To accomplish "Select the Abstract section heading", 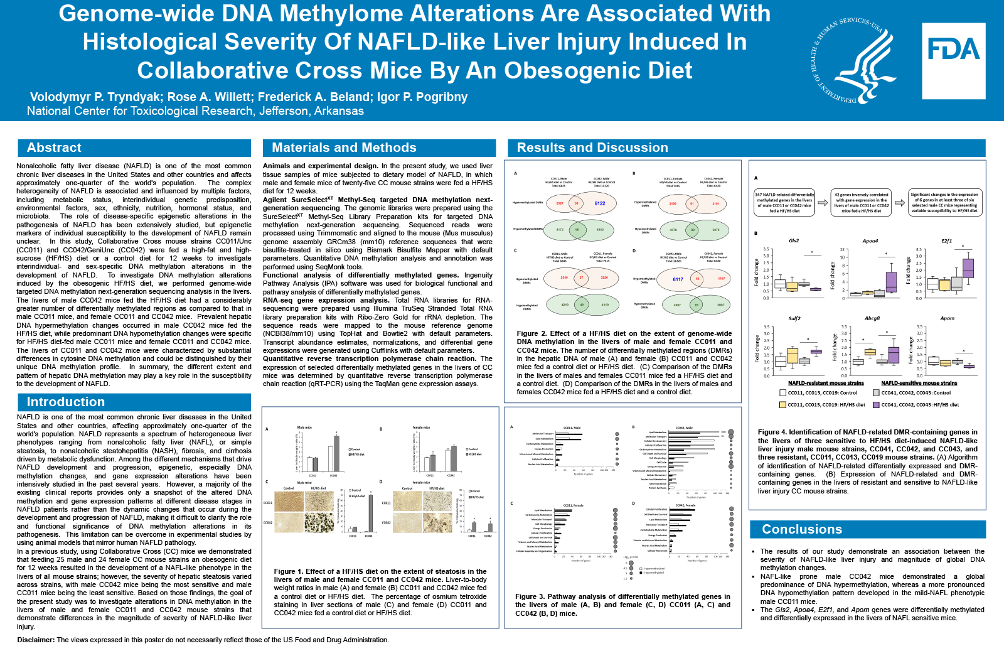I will point(54,148).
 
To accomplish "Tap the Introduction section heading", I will point(65,402).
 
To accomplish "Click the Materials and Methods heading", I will point(344,148).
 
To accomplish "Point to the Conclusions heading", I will point(801,529).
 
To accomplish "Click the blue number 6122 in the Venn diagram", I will point(600,203).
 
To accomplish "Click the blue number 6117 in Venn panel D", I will point(678,279).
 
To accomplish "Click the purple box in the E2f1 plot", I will point(968,268).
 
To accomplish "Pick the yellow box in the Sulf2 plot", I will point(793,356).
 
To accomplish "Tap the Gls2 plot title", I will point(794,241).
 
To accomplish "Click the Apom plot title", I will point(947,318).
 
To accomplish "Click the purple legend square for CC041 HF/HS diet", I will point(876,405).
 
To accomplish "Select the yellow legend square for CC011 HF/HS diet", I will point(782,405).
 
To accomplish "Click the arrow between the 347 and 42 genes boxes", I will point(823,203).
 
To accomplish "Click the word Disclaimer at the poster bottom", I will point(36,640).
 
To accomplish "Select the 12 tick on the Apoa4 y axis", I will point(843,250).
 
